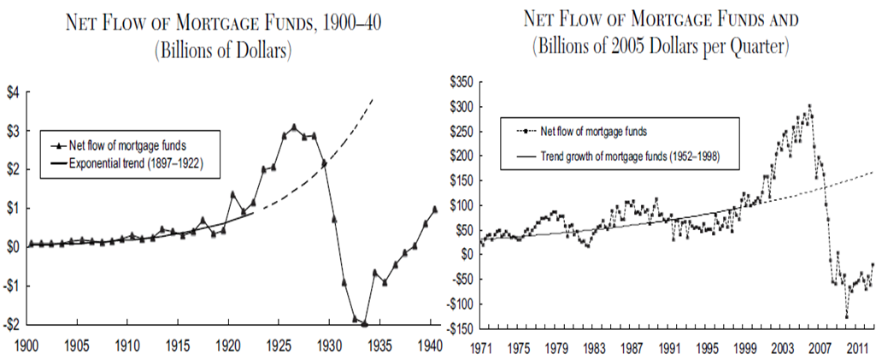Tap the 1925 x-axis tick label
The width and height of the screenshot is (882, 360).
click(278, 347)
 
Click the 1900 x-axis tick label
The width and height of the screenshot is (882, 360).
click(29, 347)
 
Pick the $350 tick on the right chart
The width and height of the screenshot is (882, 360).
click(462, 82)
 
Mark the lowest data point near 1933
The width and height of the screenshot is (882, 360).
click(364, 324)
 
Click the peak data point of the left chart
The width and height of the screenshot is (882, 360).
click(294, 127)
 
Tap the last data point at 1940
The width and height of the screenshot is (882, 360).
click(435, 209)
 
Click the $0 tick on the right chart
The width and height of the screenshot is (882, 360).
click(467, 255)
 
